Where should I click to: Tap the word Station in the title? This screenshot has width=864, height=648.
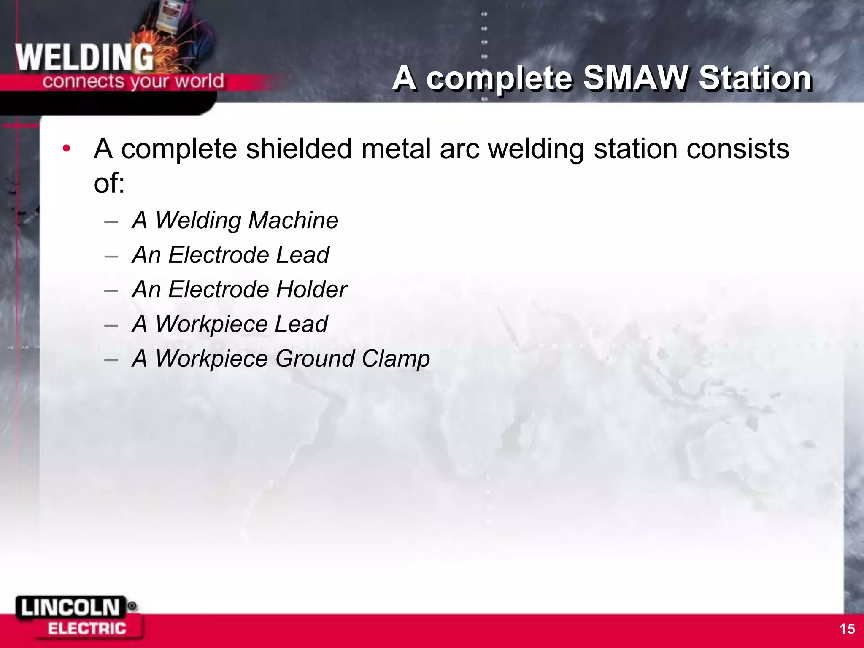tap(755, 78)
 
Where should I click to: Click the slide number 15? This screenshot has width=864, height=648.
tap(847, 629)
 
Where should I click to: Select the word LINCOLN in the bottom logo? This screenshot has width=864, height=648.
tap(70, 608)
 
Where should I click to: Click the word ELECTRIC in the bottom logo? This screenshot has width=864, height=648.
tap(87, 629)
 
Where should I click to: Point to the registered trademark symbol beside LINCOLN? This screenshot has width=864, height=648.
tap(132, 606)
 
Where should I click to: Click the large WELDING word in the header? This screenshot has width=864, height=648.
tap(84, 58)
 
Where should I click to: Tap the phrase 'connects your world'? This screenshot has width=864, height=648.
tap(133, 81)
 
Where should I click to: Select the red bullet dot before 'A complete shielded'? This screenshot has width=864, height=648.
tap(66, 148)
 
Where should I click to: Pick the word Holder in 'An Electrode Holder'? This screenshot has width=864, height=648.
tap(312, 289)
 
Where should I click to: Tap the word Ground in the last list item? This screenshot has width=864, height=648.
tap(315, 359)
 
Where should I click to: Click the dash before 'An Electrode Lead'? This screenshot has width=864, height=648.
tap(111, 256)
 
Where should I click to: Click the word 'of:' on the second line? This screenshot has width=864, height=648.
tap(109, 183)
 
